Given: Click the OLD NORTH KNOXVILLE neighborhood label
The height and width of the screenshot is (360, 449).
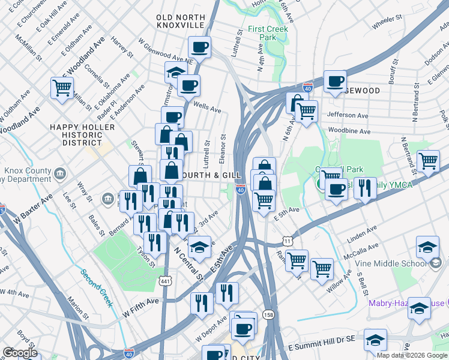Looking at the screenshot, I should (x=181, y=22).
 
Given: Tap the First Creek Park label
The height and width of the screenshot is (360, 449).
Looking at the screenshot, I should (x=268, y=33).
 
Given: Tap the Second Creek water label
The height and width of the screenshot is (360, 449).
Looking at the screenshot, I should (x=97, y=287).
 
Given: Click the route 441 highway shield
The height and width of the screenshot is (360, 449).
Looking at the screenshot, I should (x=166, y=281).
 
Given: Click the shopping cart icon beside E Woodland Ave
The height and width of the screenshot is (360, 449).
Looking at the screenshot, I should (x=62, y=88).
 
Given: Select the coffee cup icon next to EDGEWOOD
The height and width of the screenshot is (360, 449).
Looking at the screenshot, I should (x=335, y=80).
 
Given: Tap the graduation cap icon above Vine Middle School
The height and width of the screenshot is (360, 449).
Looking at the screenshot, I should (x=427, y=247).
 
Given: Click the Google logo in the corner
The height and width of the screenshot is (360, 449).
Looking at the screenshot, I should (x=20, y=353).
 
